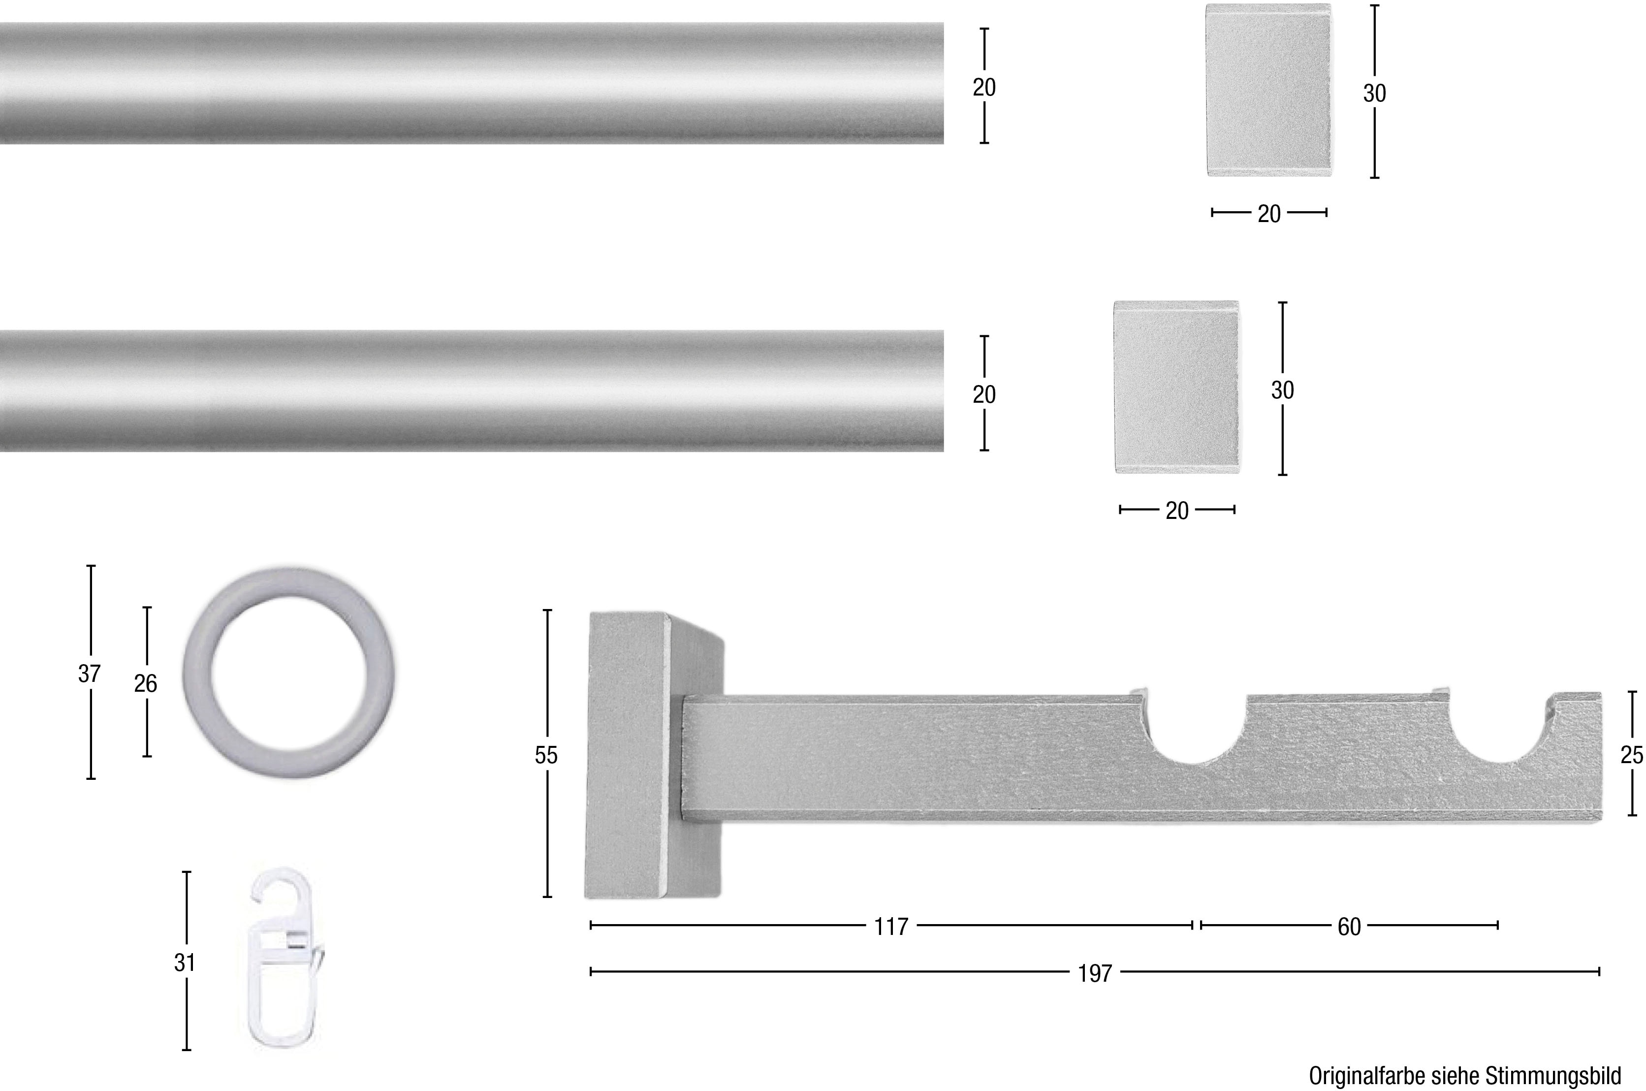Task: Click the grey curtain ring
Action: (x=202, y=672)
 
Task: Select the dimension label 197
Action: (x=1095, y=973)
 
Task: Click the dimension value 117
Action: (x=891, y=927)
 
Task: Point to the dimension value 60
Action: (x=1349, y=927)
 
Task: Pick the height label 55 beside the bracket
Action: (x=546, y=755)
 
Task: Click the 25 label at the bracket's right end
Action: (x=1631, y=755)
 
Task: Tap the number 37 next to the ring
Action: (x=89, y=674)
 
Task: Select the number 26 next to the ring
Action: (x=145, y=684)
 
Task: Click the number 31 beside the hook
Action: (x=185, y=963)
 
